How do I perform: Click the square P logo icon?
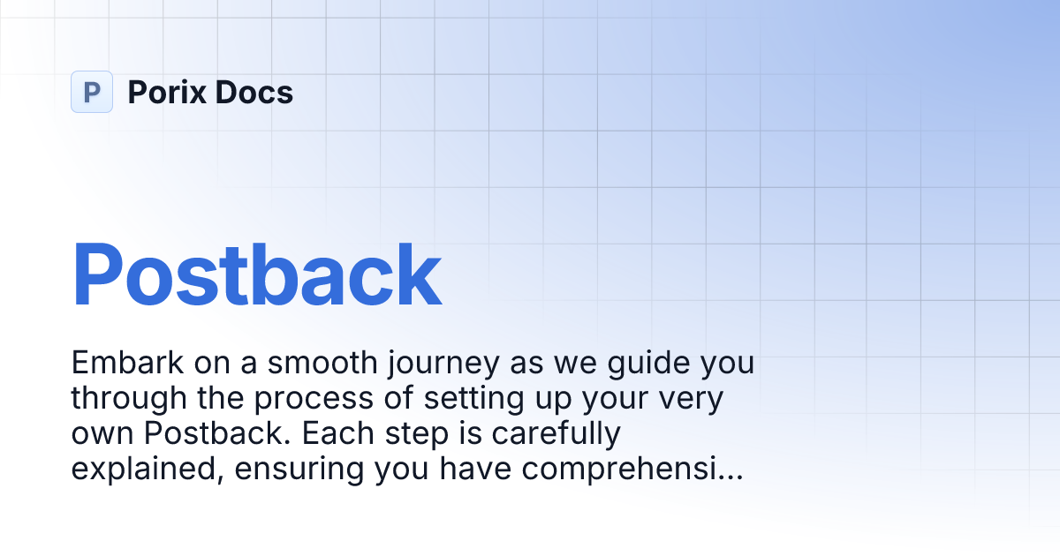coord(92,92)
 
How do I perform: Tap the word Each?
coord(342,434)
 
